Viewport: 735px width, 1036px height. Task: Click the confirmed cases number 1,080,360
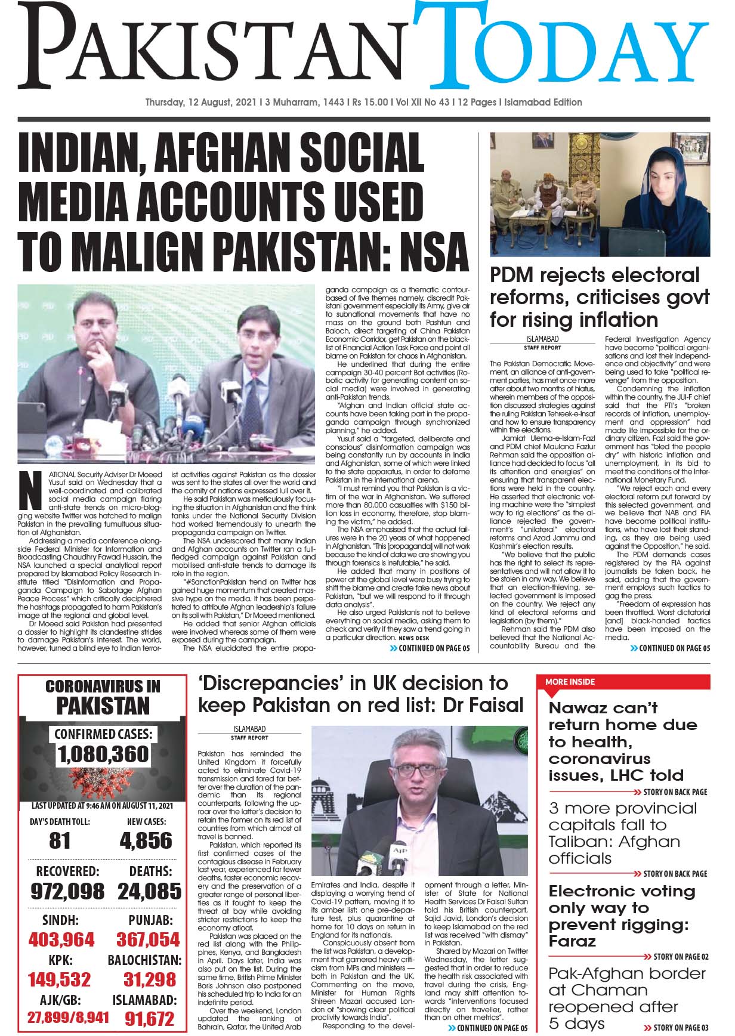(103, 754)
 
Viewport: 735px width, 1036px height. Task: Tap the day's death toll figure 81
(60, 840)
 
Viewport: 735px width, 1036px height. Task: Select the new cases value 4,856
(146, 840)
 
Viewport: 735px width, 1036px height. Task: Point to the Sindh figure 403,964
(61, 940)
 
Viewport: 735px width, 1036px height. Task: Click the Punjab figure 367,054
(148, 940)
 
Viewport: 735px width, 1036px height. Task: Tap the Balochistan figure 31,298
(149, 979)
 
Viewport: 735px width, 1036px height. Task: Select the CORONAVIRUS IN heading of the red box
(103, 686)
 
